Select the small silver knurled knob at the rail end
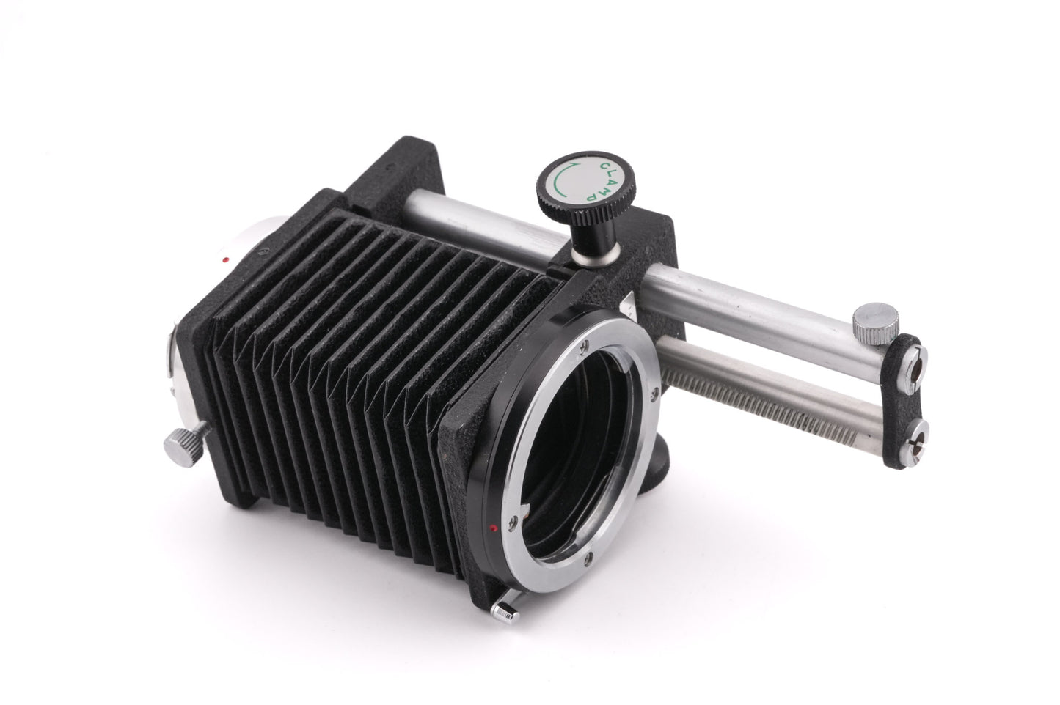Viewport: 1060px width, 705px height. click(x=875, y=322)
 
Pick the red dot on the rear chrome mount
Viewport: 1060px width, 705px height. click(x=226, y=259)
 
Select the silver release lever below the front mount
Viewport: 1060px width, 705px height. click(x=505, y=610)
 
